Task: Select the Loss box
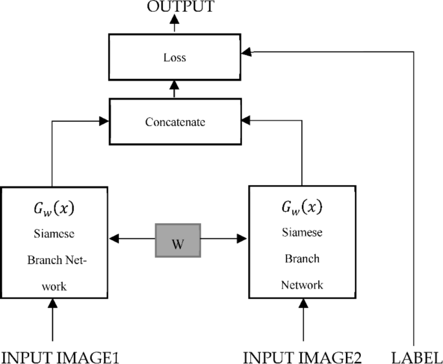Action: point(175,57)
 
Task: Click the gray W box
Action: point(178,241)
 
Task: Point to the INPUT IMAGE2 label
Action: point(303,356)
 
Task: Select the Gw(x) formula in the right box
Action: point(302,208)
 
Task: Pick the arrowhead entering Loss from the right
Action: point(252,51)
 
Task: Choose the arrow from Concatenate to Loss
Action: point(175,89)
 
